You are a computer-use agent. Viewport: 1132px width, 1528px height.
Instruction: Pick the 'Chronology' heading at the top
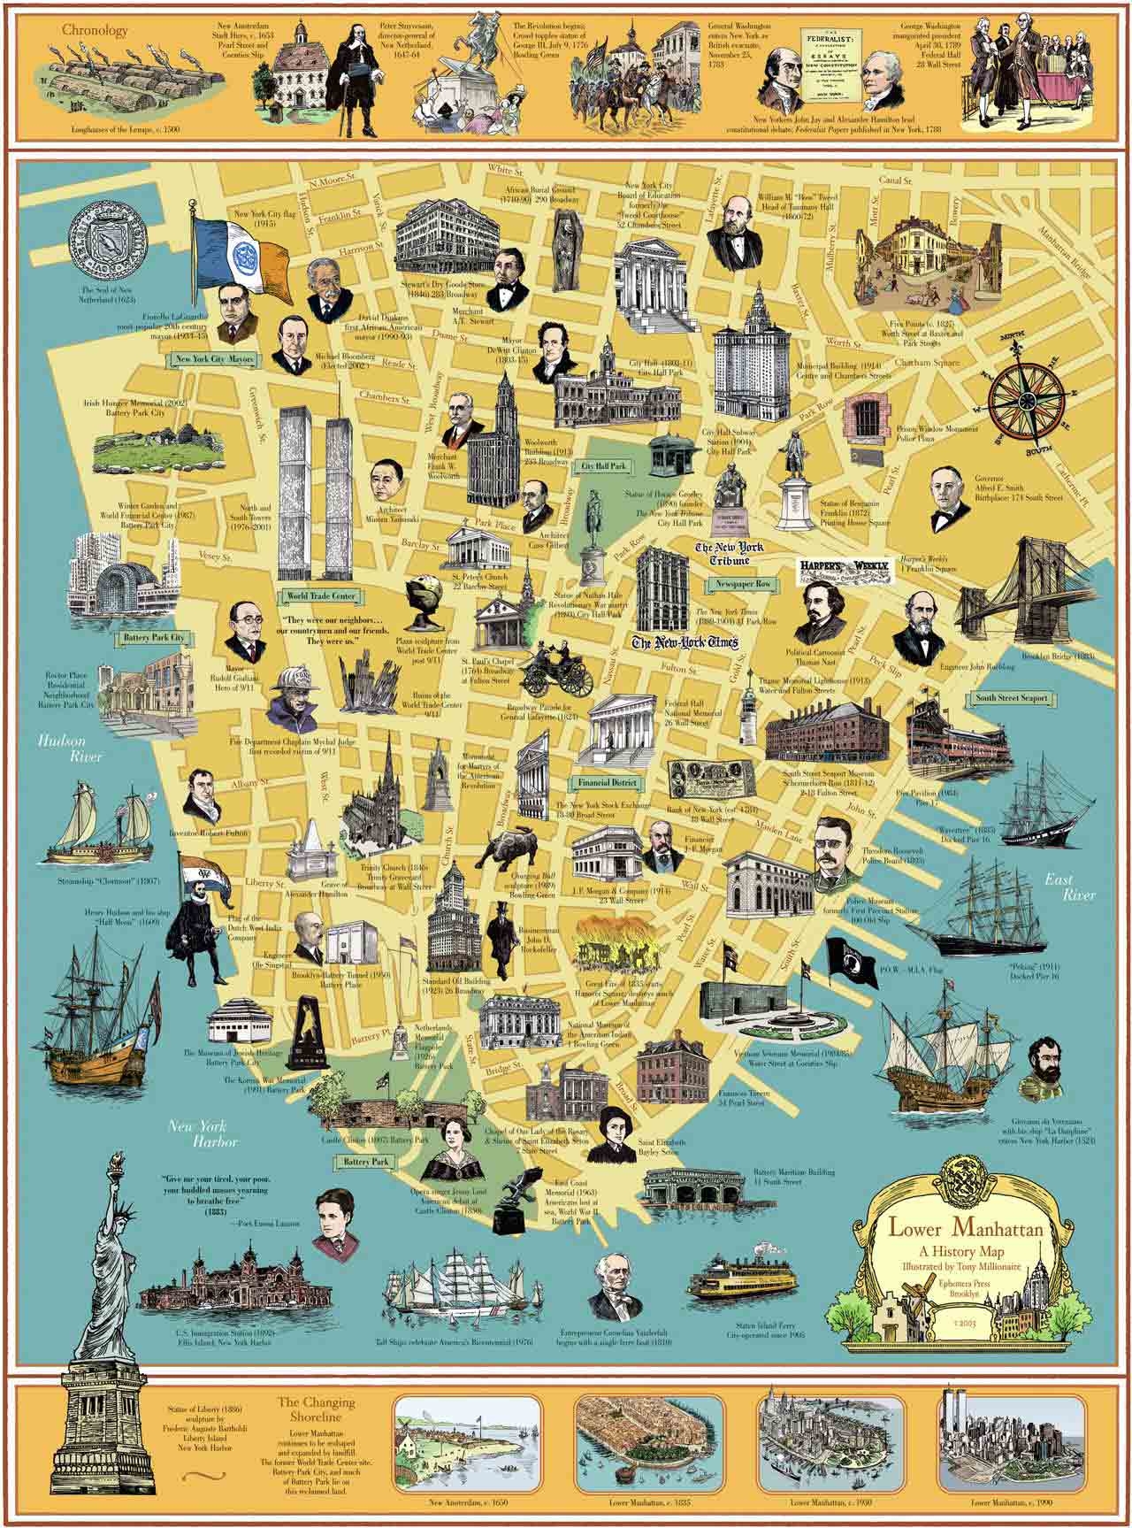pos(95,29)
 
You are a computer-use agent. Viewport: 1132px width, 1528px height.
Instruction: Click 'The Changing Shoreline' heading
pos(316,1409)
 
